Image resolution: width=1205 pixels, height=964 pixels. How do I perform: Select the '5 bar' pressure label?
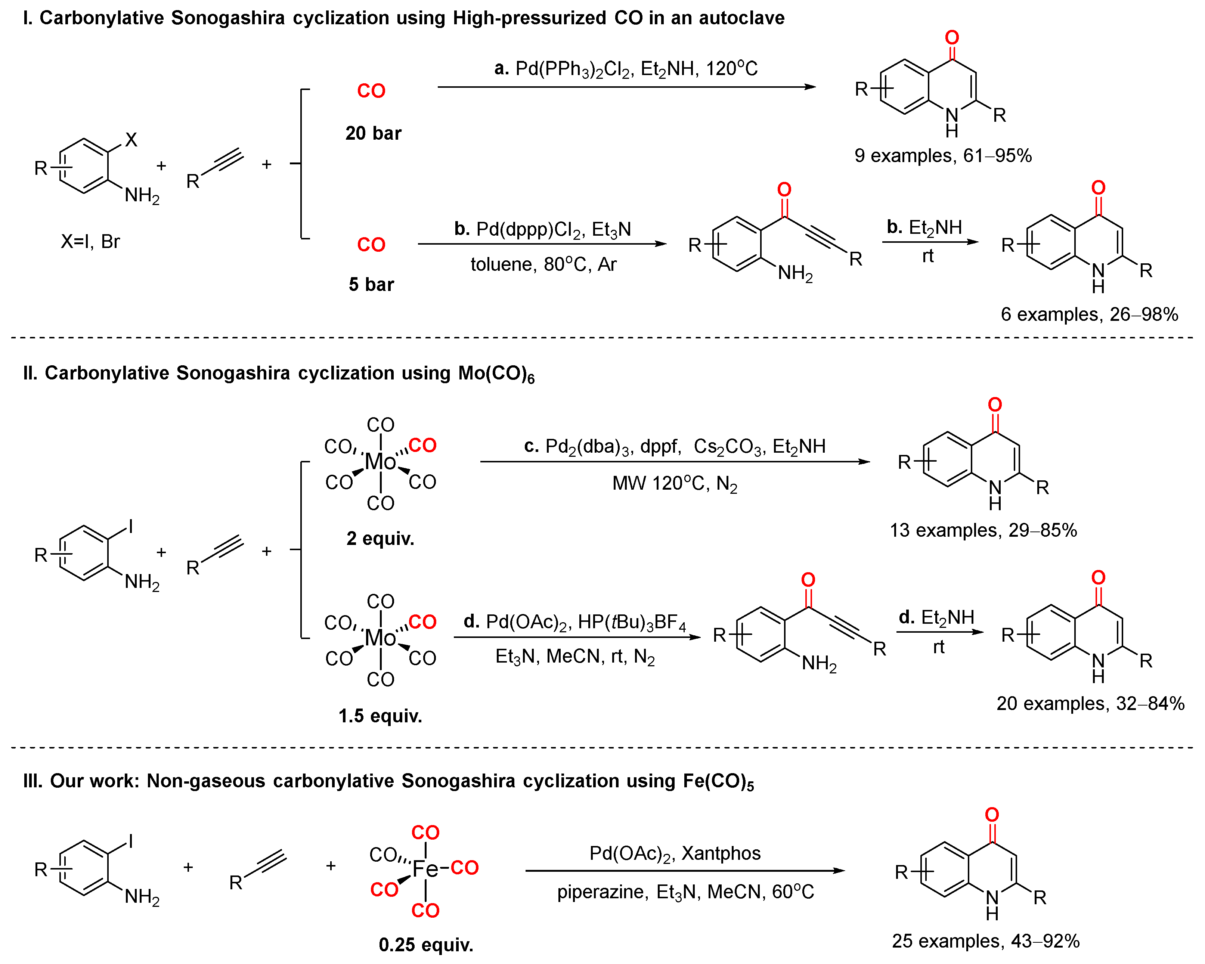pos(371,285)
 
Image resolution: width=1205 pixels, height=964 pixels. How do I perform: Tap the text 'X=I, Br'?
pos(90,241)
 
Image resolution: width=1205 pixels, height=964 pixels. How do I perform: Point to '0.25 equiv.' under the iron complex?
pos(426,945)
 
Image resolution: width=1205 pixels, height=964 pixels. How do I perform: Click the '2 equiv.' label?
pos(380,538)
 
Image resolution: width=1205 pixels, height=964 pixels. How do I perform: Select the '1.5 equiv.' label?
pos(380,716)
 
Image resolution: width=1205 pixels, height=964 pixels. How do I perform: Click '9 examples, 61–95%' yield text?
pos(943,155)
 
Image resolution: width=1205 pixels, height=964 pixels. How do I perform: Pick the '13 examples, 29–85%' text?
pos(983,530)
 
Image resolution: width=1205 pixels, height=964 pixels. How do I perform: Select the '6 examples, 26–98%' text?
pos(1089,314)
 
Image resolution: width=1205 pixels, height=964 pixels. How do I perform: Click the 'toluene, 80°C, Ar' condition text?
pos(543,264)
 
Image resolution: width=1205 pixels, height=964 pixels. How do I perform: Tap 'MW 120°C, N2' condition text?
pos(675,483)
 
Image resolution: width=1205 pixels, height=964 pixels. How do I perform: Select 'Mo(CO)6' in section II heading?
pos(496,373)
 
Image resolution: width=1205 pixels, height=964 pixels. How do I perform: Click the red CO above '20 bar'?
pos(371,90)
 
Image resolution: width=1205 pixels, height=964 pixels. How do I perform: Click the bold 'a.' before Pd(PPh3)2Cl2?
pos(501,68)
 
